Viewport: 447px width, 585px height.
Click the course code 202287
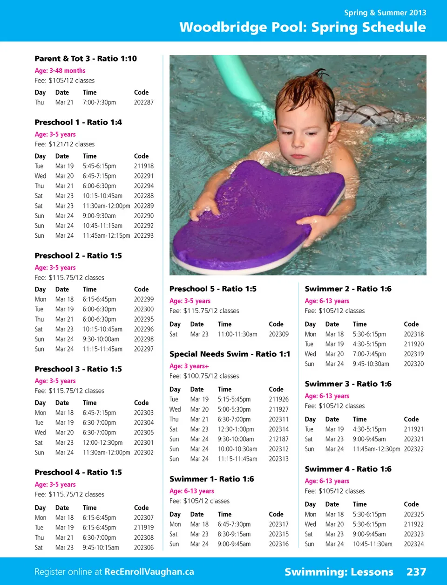pyautogui.click(x=143, y=103)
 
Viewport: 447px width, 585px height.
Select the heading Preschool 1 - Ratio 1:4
pyautogui.click(x=78, y=123)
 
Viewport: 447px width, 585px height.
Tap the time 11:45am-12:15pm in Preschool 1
pyautogui.click(x=106, y=236)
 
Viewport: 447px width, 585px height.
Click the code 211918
pyautogui.click(x=143, y=166)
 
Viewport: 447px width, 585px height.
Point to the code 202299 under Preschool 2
pyautogui.click(x=143, y=299)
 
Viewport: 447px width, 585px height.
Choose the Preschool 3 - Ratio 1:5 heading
pyautogui.click(x=78, y=369)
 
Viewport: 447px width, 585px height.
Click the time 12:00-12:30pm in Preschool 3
pyautogui.click(x=102, y=443)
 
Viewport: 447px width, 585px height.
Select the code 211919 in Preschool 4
pyautogui.click(x=143, y=528)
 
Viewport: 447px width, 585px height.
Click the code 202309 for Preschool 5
pyautogui.click(x=278, y=334)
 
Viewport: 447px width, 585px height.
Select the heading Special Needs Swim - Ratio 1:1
pyautogui.click(x=230, y=354)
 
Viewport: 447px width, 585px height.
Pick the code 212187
pyautogui.click(x=278, y=439)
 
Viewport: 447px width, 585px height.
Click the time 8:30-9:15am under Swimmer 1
pyautogui.click(x=234, y=534)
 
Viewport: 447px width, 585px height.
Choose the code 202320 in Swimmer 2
pyautogui.click(x=413, y=364)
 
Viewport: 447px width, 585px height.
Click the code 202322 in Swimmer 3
pyautogui.click(x=413, y=449)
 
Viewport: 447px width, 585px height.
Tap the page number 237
pyautogui.click(x=416, y=572)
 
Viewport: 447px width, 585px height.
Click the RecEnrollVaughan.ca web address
pyautogui.click(x=149, y=572)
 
